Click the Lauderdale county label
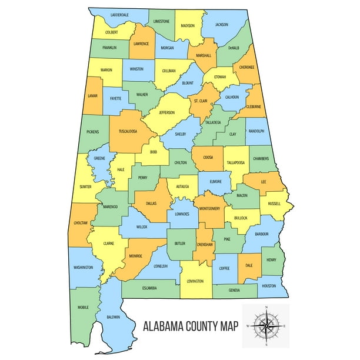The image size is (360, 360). (119, 15)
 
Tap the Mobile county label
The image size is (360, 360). (84, 307)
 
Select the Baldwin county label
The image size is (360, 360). (114, 317)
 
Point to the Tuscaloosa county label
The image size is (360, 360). (128, 131)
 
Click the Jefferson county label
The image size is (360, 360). (166, 112)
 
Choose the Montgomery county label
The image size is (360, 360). (209, 209)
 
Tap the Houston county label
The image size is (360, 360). (269, 286)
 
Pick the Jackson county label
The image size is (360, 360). (222, 25)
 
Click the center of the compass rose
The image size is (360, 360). (266, 325)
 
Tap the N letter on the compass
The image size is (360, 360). (266, 308)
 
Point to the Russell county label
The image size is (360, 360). (274, 204)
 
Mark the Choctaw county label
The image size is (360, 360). (81, 223)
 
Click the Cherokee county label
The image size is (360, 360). (247, 67)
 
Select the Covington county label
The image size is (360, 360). (195, 281)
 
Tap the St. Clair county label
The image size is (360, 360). (200, 101)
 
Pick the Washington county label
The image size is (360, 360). (84, 268)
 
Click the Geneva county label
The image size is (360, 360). (234, 291)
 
